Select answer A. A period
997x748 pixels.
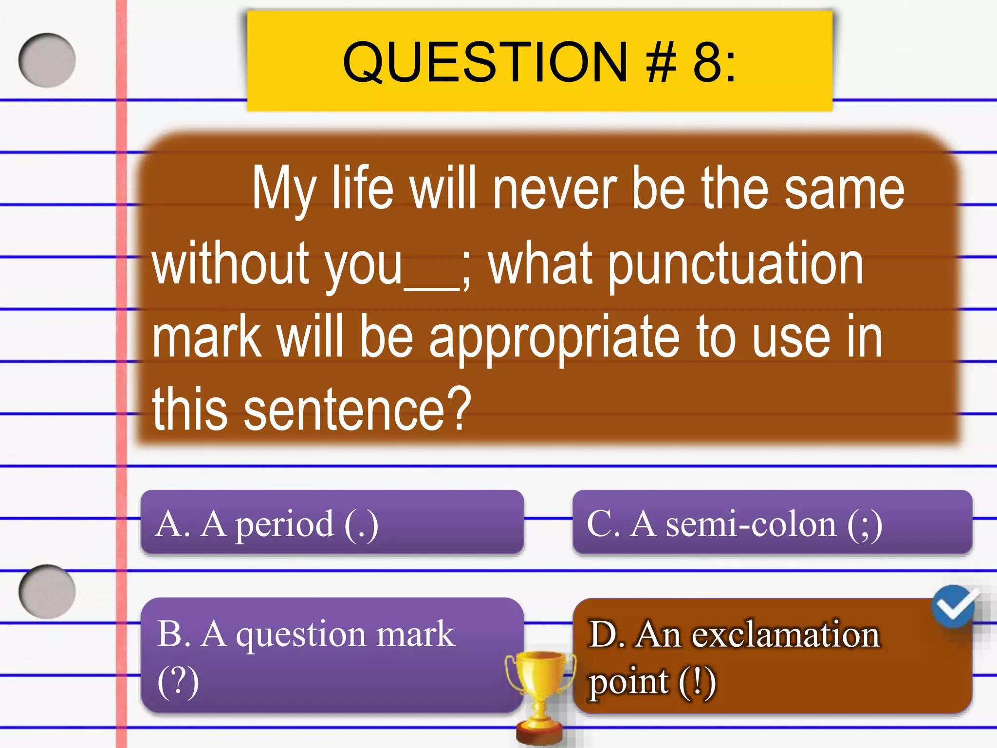[x=332, y=522]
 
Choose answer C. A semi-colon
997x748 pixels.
[x=772, y=522]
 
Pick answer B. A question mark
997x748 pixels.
[x=332, y=655]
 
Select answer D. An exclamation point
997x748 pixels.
[x=772, y=655]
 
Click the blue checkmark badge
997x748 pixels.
[x=954, y=606]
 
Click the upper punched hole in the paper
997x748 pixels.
[x=47, y=60]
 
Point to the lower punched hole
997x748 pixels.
[x=47, y=591]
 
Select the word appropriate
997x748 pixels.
[x=554, y=338]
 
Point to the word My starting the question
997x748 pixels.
[x=284, y=190]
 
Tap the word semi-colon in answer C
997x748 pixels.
[x=750, y=524]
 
